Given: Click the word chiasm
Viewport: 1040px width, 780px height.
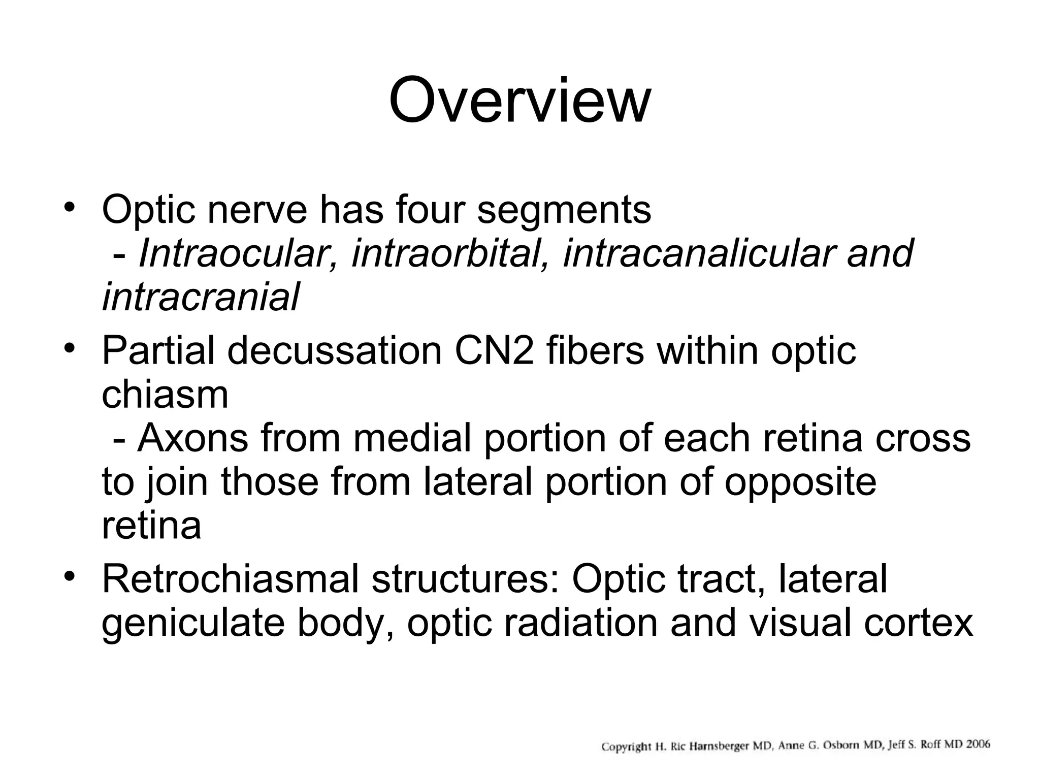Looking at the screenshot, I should click(x=165, y=395).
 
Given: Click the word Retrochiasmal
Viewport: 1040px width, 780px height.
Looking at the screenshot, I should click(x=231, y=578).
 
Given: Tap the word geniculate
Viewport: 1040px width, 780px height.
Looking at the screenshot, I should click(x=193, y=623).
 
